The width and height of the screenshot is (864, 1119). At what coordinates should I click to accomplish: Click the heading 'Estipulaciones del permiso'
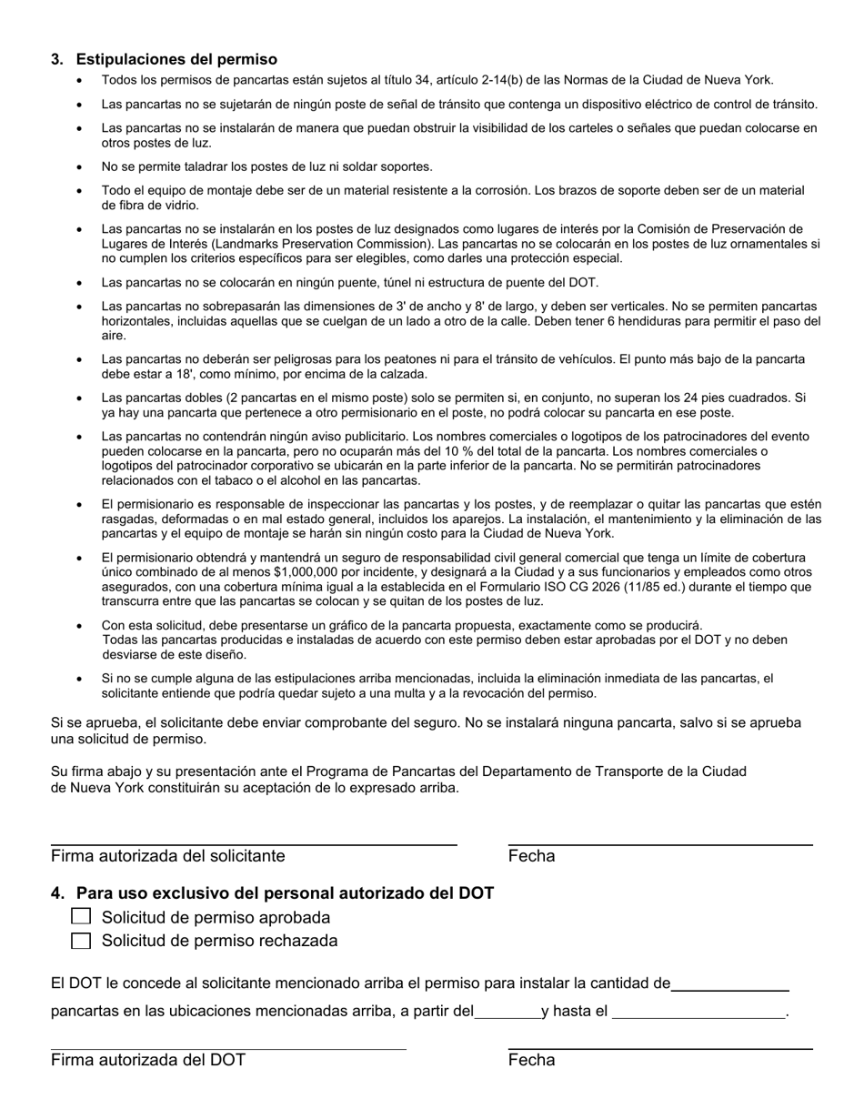click(176, 59)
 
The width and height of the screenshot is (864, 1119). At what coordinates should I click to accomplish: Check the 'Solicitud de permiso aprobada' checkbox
click(81, 916)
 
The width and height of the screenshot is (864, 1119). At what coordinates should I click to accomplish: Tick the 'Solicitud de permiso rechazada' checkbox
click(81, 940)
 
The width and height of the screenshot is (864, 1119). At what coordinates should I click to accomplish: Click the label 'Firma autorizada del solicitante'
click(168, 855)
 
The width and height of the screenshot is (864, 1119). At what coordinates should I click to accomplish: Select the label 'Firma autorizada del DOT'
click(148, 1059)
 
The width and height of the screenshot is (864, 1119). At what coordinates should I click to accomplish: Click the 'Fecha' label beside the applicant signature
click(531, 855)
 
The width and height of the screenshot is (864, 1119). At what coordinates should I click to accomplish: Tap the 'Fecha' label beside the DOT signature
click(531, 1059)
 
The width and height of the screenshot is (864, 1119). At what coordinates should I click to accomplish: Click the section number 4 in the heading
click(57, 892)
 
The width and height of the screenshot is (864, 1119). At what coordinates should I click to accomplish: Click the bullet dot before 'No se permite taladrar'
click(80, 166)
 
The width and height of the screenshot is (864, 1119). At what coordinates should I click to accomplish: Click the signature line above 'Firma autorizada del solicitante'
click(254, 844)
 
